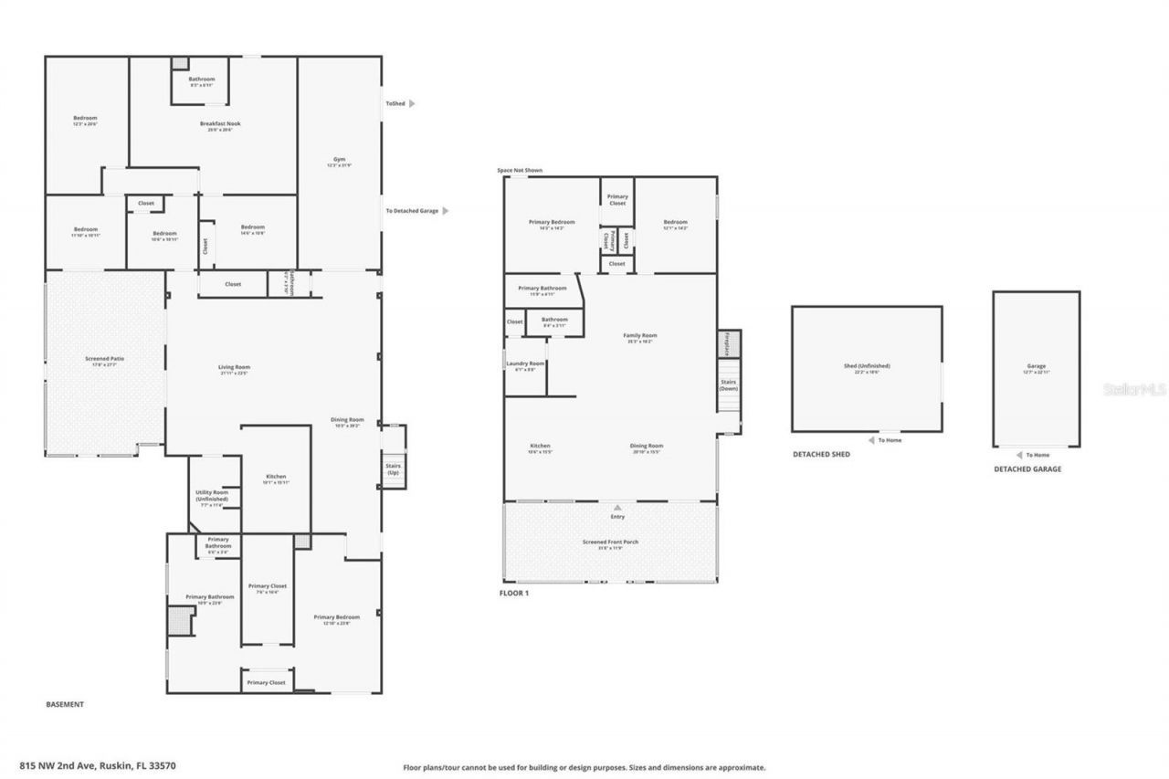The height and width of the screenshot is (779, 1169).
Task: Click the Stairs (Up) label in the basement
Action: (393, 468)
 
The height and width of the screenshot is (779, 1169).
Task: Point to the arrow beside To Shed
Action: (412, 104)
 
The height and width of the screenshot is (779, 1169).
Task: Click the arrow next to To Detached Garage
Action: (446, 211)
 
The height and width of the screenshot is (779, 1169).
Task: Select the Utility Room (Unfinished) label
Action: (212, 498)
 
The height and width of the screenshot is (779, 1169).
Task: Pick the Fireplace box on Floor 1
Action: (728, 343)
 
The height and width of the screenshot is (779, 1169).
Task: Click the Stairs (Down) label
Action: (728, 384)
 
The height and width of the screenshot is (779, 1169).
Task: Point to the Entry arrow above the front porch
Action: (617, 507)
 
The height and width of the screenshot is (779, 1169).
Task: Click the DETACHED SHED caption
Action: (820, 454)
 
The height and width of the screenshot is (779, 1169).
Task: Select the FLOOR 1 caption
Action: (513, 593)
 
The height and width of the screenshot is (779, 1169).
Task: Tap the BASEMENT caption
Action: (65, 704)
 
